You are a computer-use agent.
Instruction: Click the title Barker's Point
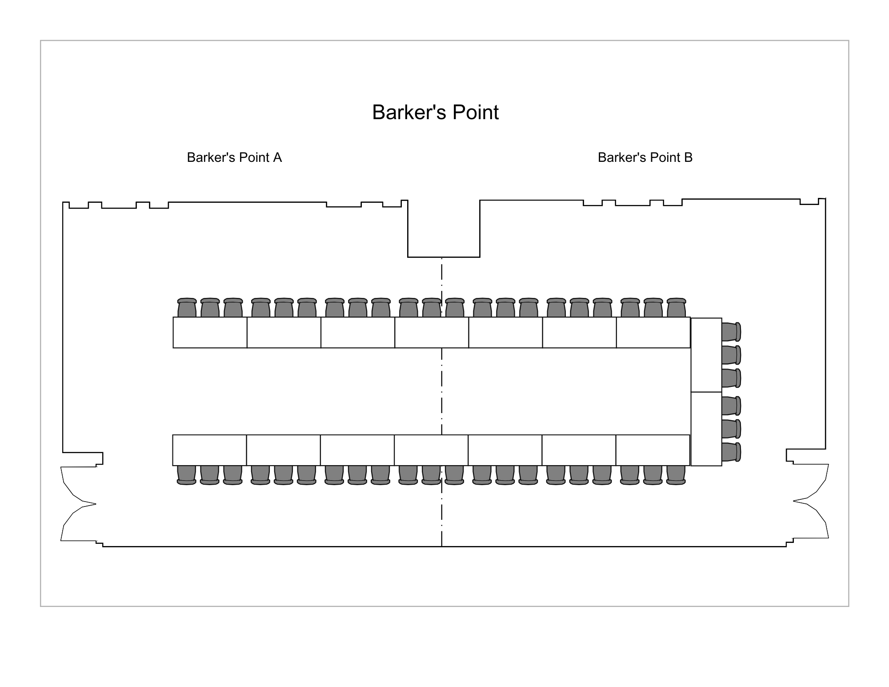435,112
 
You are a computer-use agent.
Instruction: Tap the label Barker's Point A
234,157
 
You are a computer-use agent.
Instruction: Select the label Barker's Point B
645,157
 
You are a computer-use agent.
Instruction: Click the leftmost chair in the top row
187,308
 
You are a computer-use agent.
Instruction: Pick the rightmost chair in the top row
676,308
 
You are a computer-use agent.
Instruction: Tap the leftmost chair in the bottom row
187,475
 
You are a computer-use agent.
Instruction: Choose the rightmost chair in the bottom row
676,475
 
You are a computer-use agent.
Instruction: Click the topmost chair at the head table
731,332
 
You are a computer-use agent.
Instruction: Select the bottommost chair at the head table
731,452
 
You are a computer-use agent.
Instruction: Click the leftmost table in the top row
210,333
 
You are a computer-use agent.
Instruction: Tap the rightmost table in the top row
653,333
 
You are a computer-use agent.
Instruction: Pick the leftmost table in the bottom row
209,450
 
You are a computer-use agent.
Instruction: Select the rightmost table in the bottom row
653,450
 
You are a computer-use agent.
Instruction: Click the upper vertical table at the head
706,355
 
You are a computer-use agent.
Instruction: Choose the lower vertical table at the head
706,429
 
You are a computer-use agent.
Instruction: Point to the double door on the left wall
78,504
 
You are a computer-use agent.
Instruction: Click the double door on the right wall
811,501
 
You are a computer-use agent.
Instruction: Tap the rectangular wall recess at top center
444,229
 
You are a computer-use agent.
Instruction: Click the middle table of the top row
432,333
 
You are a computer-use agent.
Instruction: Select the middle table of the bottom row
431,450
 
